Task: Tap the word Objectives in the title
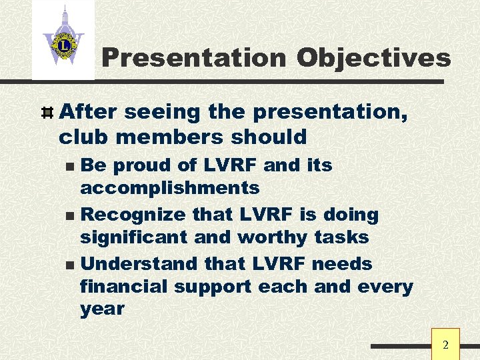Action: coord(374,58)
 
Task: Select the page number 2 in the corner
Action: coord(446,345)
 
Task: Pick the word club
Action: coord(81,137)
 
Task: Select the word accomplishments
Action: coord(169,188)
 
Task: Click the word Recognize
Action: coord(133,215)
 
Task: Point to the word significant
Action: coord(134,237)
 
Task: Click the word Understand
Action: coord(139,264)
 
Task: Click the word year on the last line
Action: coord(102,309)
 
